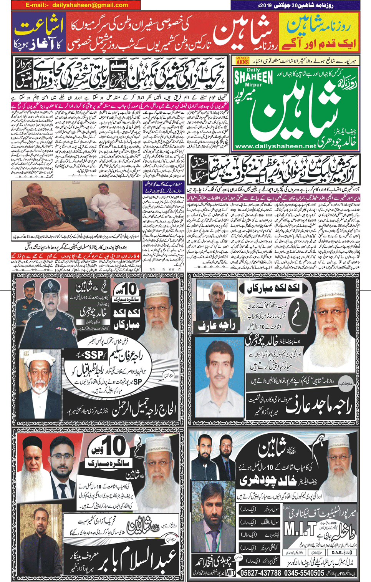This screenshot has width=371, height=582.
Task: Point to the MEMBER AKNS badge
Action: pos(242,60)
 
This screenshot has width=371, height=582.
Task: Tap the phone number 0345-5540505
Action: pos(304,573)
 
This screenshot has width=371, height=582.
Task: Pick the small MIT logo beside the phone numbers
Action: pos(230,573)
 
